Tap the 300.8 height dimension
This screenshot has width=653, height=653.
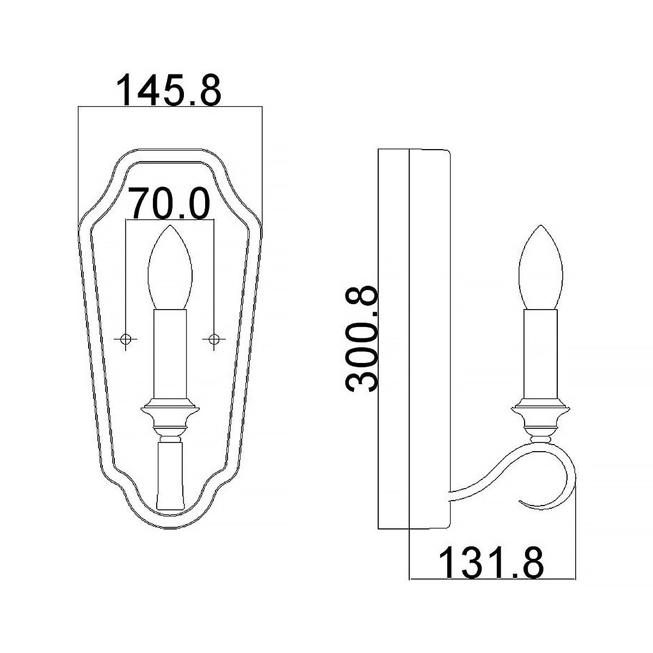362,337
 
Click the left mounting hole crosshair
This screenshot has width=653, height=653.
126,338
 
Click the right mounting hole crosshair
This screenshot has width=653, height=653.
214,338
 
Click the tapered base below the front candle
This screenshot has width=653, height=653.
170,476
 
